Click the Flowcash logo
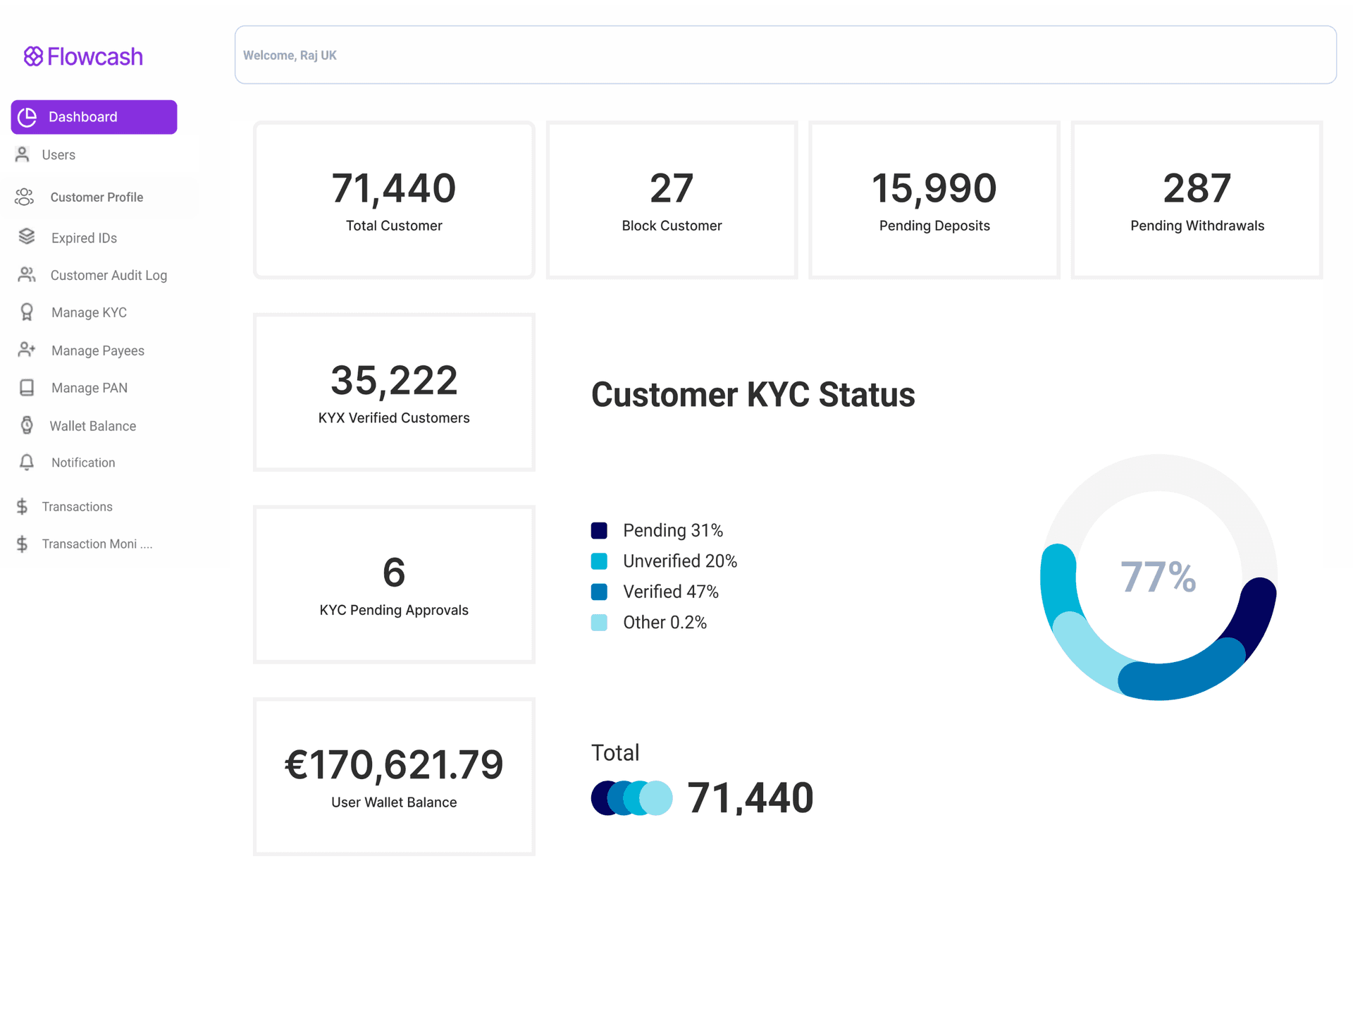click(83, 56)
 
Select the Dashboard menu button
click(94, 117)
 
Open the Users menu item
click(58, 155)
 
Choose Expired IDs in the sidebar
click(83, 238)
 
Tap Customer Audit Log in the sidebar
click(108, 276)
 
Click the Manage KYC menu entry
click(88, 313)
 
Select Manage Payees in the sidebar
click(97, 351)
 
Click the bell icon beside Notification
click(27, 463)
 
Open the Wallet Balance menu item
click(92, 427)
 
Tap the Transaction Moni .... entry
click(97, 544)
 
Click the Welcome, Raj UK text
click(290, 56)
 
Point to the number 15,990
click(934, 189)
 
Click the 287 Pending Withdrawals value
click(1197, 189)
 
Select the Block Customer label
click(672, 226)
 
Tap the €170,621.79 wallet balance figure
click(393, 765)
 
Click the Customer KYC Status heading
click(753, 395)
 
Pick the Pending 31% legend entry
click(672, 530)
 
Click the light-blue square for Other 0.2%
click(599, 623)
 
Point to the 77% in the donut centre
click(1158, 577)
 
